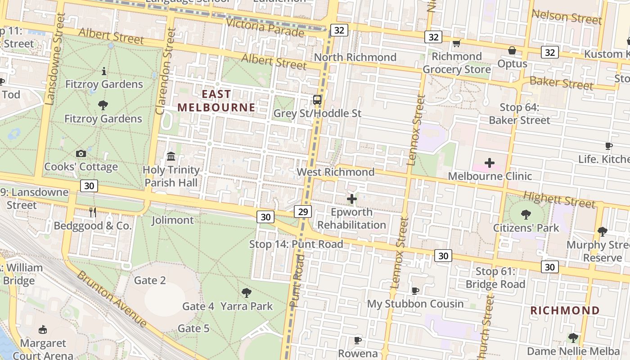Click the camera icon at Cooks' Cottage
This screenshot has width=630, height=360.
[81, 154]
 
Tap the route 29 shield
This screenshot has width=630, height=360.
[303, 211]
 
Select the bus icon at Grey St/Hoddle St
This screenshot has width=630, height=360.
[317, 100]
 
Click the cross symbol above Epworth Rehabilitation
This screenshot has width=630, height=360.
[352, 198]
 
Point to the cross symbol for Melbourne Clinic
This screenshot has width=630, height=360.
[490, 163]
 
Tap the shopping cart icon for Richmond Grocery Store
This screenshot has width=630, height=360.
[457, 44]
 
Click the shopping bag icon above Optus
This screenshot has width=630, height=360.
[512, 50]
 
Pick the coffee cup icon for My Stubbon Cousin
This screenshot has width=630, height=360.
[415, 291]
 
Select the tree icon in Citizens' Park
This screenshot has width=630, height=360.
[526, 215]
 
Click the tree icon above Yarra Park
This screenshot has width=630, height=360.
[246, 293]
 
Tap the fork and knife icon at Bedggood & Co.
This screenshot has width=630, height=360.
[93, 212]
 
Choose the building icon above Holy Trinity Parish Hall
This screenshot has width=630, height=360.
[171, 157]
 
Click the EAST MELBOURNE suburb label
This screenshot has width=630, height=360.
[216, 101]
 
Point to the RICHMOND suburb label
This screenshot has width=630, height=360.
[565, 310]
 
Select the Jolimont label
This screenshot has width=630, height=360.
[172, 220]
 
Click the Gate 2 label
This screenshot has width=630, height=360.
[150, 280]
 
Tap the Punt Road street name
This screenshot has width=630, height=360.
[297, 281]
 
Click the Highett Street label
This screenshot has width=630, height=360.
[559, 199]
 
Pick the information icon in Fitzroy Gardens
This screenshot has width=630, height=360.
[104, 71]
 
